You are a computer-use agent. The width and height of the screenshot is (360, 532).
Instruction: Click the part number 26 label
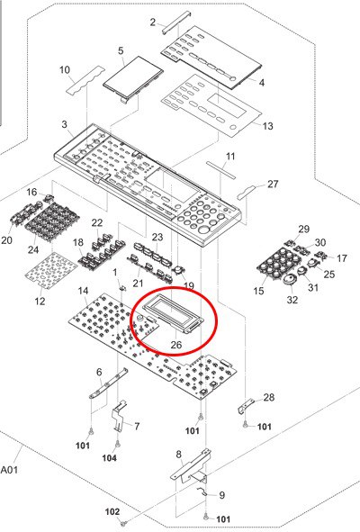176,345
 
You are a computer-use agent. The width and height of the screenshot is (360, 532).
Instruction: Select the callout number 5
121,51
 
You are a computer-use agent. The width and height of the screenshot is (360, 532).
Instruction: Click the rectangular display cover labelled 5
132,78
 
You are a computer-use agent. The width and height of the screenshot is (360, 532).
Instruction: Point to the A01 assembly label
9,470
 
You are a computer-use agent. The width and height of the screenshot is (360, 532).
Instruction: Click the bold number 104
109,458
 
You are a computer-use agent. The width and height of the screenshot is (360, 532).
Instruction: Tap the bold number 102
112,511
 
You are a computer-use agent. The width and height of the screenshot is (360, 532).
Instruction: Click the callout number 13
267,126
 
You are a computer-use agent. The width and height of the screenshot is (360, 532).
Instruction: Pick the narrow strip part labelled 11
220,169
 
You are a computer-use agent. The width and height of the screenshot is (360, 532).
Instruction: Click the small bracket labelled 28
246,406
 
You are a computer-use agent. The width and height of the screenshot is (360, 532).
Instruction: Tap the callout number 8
179,455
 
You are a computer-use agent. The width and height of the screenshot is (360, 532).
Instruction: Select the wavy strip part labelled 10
85,80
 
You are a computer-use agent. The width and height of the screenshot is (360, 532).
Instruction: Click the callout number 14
83,291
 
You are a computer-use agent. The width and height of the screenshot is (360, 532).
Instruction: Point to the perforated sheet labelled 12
51,270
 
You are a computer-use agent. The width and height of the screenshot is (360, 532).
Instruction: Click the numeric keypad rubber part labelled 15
279,262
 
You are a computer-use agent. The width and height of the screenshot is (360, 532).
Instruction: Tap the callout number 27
273,184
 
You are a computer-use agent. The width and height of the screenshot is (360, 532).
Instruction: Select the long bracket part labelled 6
109,383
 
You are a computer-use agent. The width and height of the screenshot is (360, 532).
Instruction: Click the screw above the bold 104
117,443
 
